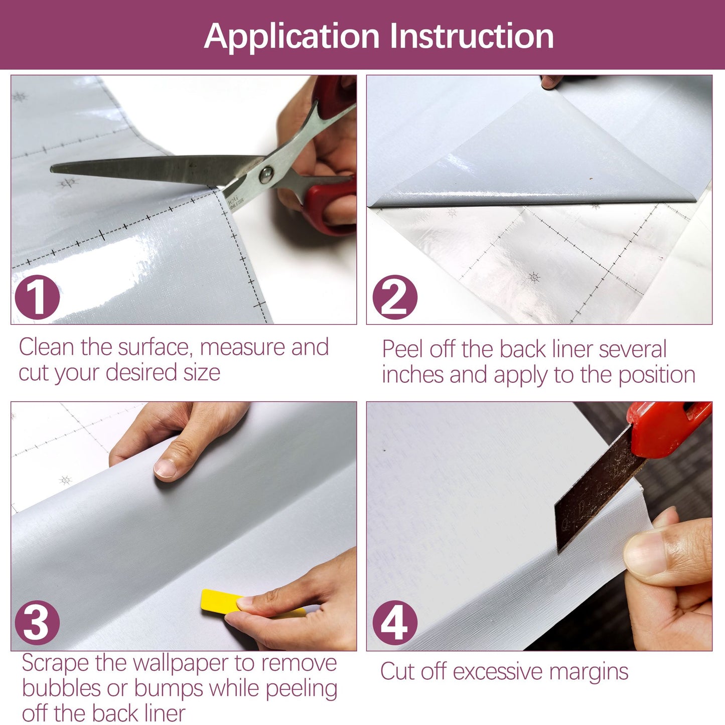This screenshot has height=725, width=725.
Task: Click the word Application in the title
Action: click(292, 37)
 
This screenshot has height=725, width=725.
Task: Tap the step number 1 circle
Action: click(37, 297)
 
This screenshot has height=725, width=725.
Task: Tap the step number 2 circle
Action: click(395, 297)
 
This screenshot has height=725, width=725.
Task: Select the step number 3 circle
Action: click(37, 623)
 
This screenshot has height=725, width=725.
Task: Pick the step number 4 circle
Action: click(395, 623)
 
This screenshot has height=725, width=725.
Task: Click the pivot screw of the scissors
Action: click(266, 174)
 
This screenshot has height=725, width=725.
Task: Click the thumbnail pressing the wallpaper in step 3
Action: click(165, 469)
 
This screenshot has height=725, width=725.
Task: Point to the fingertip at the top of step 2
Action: click(550, 82)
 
